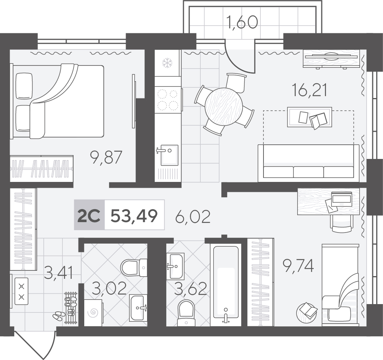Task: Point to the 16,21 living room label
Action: (x=309, y=90)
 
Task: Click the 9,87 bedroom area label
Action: (x=106, y=157)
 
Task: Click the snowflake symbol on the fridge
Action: (x=167, y=63)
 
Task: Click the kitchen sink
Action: (x=167, y=155)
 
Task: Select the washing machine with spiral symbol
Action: (x=94, y=312)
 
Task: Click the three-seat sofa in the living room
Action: (x=308, y=163)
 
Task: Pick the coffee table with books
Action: (x=309, y=117)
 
